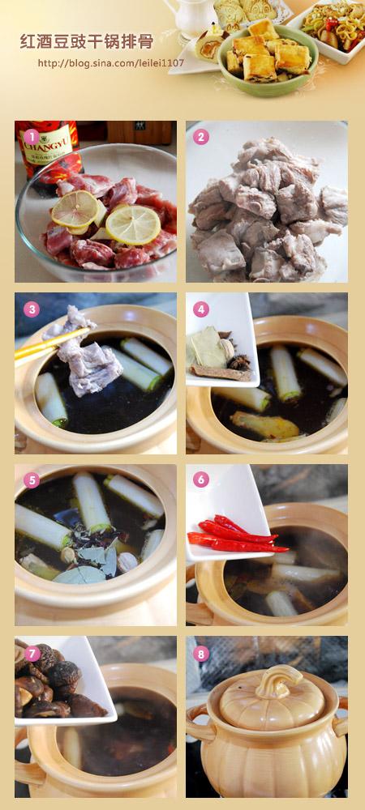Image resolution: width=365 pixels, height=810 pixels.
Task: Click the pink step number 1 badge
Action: [31, 137]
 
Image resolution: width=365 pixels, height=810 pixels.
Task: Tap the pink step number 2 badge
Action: [200, 137]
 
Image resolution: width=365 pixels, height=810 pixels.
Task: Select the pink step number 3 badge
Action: [31, 309]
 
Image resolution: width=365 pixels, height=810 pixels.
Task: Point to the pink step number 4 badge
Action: [200, 309]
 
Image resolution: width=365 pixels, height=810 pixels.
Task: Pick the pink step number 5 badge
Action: [31, 480]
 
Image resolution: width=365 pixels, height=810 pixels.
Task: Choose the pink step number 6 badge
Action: [200, 480]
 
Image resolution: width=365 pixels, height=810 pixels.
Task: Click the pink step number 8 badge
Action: [200, 654]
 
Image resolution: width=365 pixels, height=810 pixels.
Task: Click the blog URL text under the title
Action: [110, 63]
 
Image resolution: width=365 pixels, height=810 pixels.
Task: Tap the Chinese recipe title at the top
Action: [87, 41]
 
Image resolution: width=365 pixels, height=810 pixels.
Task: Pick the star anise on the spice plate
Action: [238, 361]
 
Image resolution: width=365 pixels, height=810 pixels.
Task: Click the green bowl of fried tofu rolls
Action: [268, 58]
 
